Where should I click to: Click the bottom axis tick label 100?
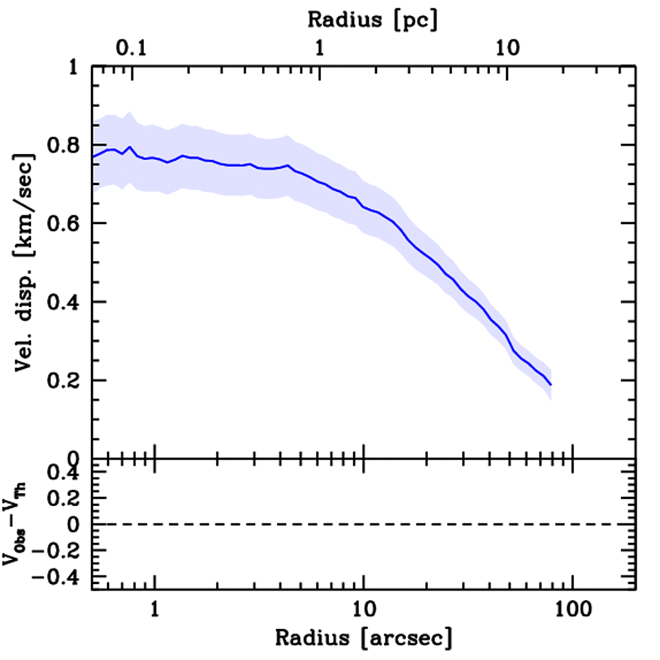[572, 608]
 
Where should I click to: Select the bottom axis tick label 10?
[364, 608]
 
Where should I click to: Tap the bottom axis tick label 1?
[155, 608]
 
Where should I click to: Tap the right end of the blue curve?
[551, 385]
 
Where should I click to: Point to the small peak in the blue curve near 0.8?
[130, 147]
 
